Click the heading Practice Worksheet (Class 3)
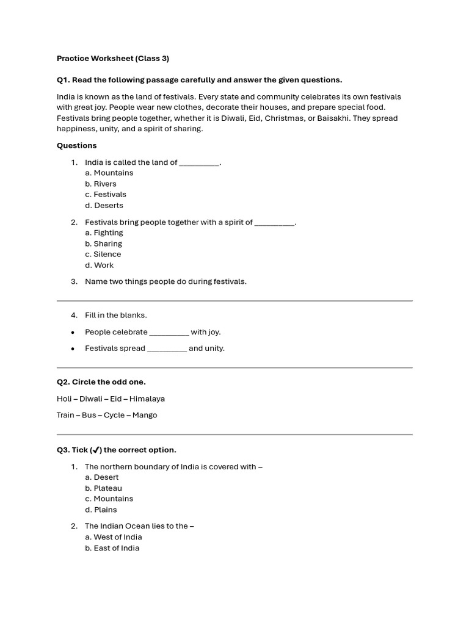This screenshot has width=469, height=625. pyautogui.click(x=113, y=59)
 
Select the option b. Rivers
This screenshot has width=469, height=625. pyautogui.click(x=101, y=184)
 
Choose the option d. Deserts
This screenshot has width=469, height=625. pyautogui.click(x=104, y=205)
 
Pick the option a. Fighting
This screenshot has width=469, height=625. pyautogui.click(x=104, y=233)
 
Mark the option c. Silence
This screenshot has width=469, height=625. pyautogui.click(x=103, y=254)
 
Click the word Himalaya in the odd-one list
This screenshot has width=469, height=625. pyautogui.click(x=147, y=399)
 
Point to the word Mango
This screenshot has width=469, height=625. pyautogui.click(x=145, y=415)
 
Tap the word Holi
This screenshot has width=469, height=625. pyautogui.click(x=65, y=399)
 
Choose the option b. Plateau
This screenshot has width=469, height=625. pyautogui.click(x=103, y=488)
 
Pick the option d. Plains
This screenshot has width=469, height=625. pyautogui.click(x=101, y=510)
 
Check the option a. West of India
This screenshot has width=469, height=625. pyautogui.click(x=113, y=537)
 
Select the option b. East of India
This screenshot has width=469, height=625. pyautogui.click(x=112, y=548)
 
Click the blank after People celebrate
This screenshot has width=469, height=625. pyautogui.click(x=169, y=333)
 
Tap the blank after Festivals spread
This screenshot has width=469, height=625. pyautogui.click(x=167, y=349)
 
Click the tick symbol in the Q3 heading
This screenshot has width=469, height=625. pyautogui.click(x=95, y=450)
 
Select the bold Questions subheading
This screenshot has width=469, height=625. pyautogui.click(x=77, y=145)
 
